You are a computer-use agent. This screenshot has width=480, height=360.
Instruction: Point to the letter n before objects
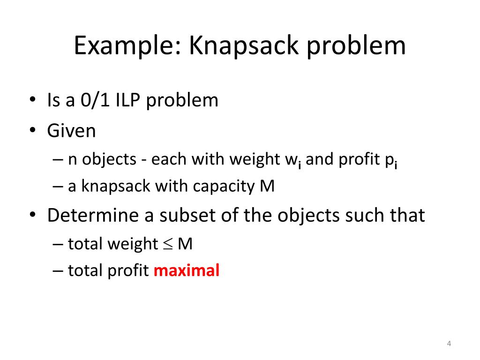[73, 160]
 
